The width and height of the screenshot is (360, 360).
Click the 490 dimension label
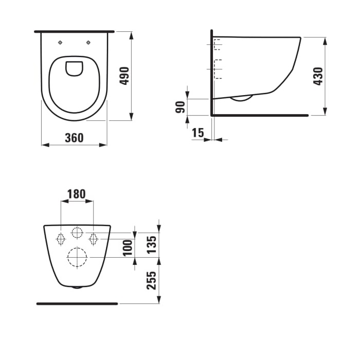(x=124, y=76)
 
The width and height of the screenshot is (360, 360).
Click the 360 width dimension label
(x=74, y=138)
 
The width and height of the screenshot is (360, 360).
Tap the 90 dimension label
(x=180, y=107)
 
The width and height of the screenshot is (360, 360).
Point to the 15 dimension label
(x=197, y=133)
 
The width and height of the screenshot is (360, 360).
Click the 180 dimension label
(x=77, y=194)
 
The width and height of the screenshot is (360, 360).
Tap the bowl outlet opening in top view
(x=75, y=68)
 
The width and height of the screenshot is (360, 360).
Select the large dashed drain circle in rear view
(x=77, y=257)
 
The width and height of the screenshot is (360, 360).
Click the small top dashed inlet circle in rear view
(x=77, y=232)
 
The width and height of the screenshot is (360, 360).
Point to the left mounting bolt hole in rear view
(x=60, y=239)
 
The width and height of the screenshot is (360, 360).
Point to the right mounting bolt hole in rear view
(x=94, y=239)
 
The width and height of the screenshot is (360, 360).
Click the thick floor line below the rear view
(x=77, y=303)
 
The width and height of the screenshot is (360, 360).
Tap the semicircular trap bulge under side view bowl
(x=241, y=98)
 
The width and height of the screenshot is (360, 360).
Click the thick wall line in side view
(x=211, y=72)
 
